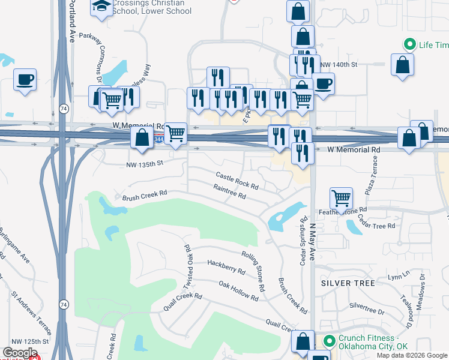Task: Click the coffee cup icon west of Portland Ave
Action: (x=25, y=80)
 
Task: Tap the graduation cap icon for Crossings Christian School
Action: (x=101, y=7)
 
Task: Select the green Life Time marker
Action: (x=410, y=45)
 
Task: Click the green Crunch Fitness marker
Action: (x=329, y=341)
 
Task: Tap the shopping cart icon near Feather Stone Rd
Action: (x=341, y=198)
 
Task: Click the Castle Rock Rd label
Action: (x=237, y=178)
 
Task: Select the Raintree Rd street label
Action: (x=229, y=191)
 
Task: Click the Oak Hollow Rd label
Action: (x=238, y=291)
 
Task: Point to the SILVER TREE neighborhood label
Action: (x=348, y=283)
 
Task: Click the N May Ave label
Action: (x=312, y=241)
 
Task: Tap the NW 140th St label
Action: (x=339, y=64)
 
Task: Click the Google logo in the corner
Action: (x=20, y=352)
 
